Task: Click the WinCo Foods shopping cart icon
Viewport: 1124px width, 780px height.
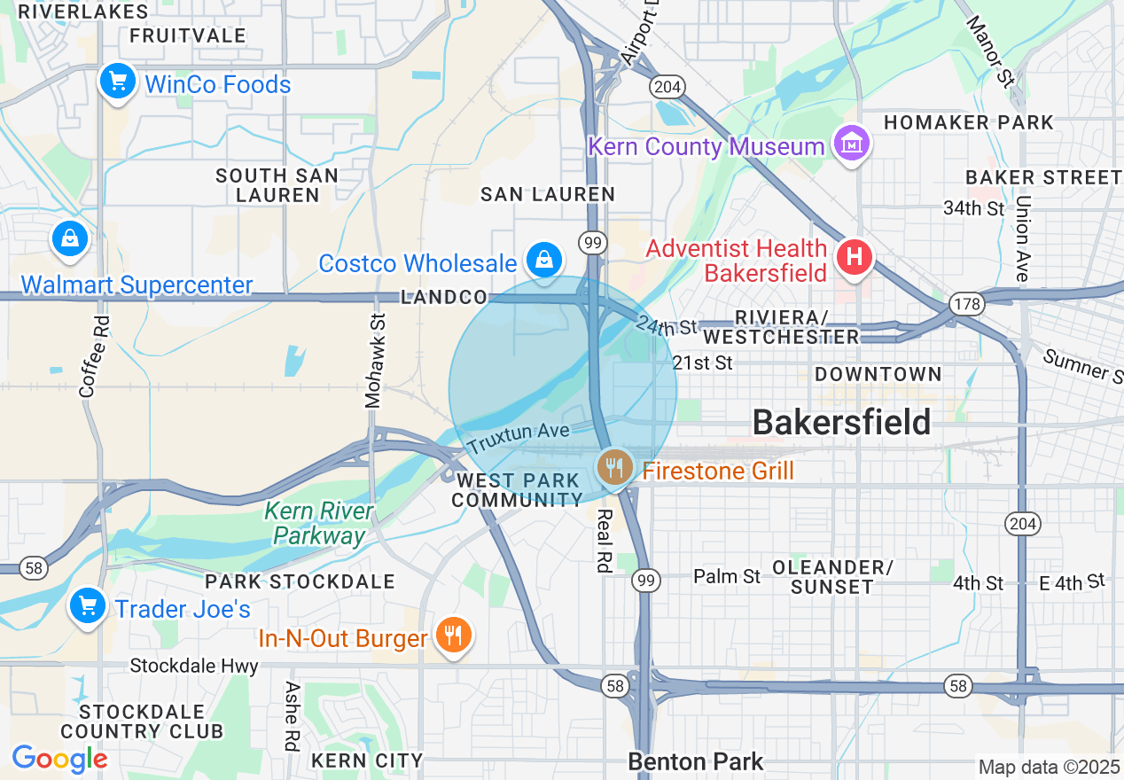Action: pos(117,82)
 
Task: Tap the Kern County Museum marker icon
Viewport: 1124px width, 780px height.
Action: pos(851,144)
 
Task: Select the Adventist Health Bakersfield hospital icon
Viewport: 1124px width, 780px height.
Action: pos(855,258)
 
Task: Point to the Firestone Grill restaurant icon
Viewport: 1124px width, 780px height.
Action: pos(613,466)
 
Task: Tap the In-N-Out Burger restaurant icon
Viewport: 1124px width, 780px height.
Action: pos(453,635)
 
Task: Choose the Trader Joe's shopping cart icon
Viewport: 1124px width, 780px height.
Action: pos(88,606)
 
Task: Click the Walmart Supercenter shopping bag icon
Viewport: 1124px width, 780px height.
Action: pos(69,238)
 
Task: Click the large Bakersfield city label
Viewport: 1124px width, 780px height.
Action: pos(841,423)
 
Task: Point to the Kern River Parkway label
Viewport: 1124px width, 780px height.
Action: pos(319,524)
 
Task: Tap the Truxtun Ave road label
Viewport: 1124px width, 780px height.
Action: pos(518,437)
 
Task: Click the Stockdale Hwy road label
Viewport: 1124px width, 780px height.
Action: pos(194,666)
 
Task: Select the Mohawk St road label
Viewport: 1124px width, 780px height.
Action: pos(374,362)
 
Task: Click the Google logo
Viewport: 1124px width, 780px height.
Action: pos(59,759)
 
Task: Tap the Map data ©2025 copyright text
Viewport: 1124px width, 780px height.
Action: pos(1048,767)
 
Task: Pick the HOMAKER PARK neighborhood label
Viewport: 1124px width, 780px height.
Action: pos(969,122)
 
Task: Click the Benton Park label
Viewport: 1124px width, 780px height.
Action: pos(695,761)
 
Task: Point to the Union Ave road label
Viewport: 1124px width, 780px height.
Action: pos(1022,238)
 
